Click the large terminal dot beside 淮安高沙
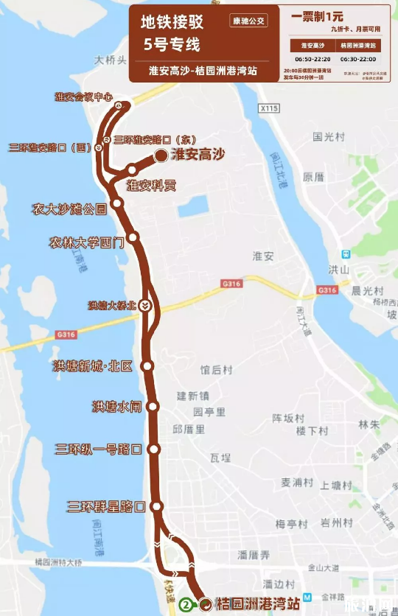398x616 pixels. click(x=160, y=155)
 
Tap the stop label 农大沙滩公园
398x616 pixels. click(x=69, y=209)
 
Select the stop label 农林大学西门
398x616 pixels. click(x=85, y=241)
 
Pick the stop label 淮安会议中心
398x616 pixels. click(x=83, y=97)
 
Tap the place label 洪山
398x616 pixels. click(x=338, y=270)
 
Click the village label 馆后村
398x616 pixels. click(x=215, y=369)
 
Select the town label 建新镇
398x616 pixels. click(x=192, y=396)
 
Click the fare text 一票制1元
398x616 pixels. click(x=318, y=15)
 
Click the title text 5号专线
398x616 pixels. click(x=172, y=45)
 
